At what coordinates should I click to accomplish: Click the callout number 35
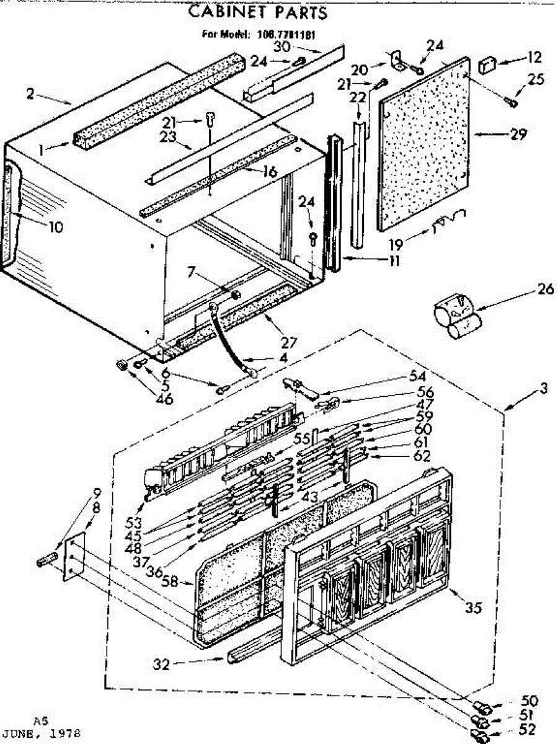pyautogui.click(x=473, y=608)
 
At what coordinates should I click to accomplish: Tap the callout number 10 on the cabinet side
pyautogui.click(x=55, y=228)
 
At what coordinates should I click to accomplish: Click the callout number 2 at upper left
pyautogui.click(x=30, y=94)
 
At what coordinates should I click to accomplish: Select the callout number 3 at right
pyautogui.click(x=543, y=389)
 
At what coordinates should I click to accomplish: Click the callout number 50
pyautogui.click(x=530, y=701)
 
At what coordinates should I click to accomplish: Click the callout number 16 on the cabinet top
pyautogui.click(x=268, y=172)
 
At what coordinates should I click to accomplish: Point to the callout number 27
pyautogui.click(x=288, y=342)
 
